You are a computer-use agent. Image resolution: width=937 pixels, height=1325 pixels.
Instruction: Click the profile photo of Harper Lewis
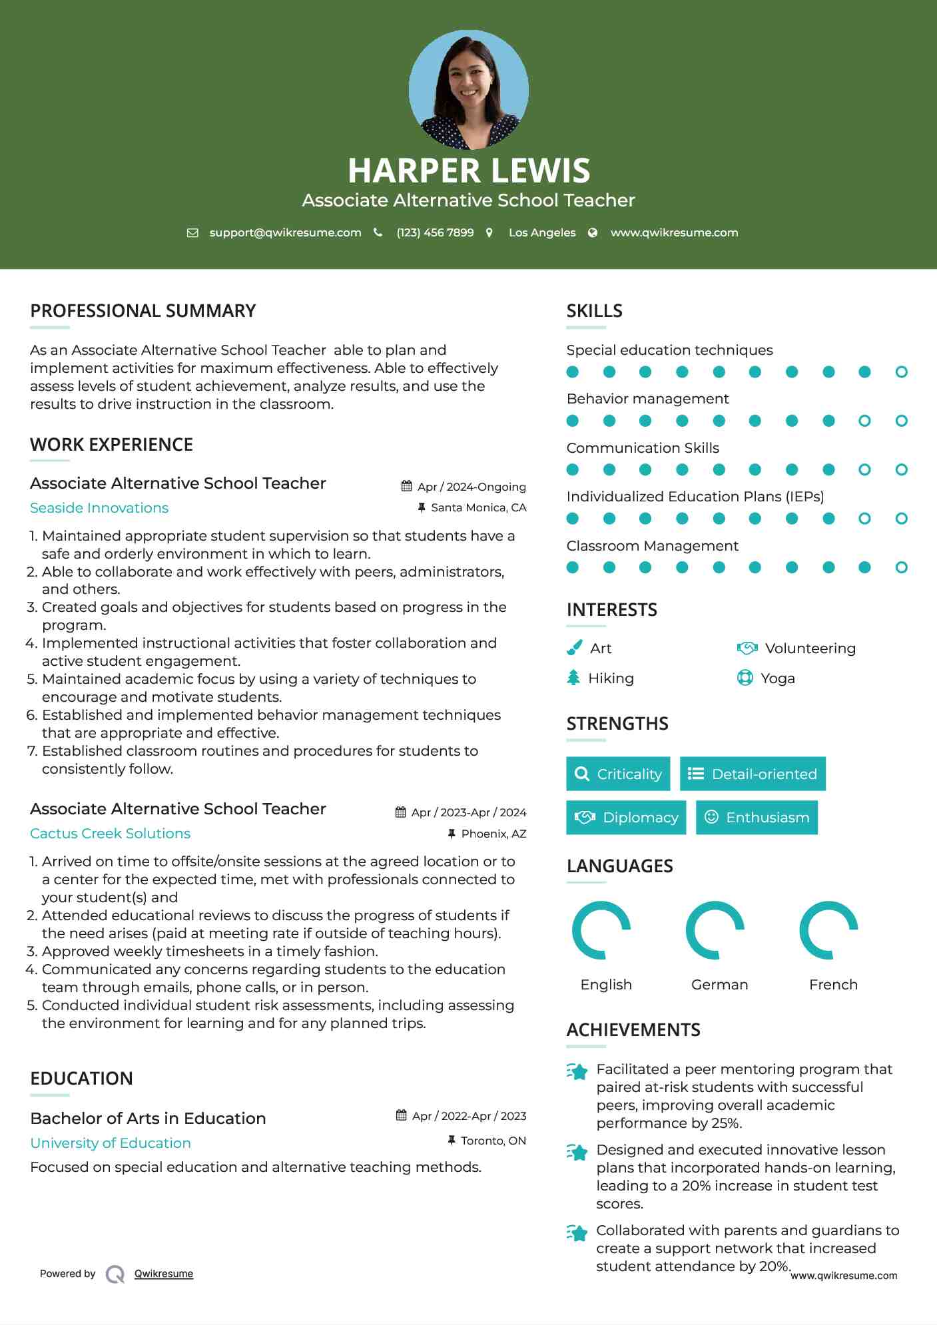click(468, 89)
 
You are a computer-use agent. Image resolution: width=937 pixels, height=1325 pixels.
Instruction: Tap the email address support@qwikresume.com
click(285, 232)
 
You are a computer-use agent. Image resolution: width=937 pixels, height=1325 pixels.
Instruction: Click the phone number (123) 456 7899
click(435, 232)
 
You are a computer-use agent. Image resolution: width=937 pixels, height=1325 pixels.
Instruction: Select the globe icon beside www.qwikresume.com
click(593, 232)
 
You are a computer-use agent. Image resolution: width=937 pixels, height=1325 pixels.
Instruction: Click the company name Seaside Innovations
click(99, 508)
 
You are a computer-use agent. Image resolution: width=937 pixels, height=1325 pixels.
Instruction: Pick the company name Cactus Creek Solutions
click(110, 834)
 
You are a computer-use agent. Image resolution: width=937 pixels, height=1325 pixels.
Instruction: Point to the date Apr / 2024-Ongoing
click(471, 487)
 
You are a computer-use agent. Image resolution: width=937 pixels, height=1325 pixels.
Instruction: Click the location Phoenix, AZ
click(493, 834)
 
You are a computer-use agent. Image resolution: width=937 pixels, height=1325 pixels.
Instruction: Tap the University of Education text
click(111, 1143)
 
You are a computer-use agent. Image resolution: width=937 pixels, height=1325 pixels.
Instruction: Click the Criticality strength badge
click(618, 774)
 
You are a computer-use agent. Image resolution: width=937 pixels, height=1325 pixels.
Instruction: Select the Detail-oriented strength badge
click(753, 774)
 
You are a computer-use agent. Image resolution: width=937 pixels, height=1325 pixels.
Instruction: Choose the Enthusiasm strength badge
click(757, 817)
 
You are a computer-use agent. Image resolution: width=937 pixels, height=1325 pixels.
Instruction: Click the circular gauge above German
click(715, 930)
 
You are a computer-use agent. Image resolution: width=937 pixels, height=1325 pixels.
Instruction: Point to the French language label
click(833, 985)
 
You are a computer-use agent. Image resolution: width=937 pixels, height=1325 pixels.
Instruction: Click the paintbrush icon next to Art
click(574, 648)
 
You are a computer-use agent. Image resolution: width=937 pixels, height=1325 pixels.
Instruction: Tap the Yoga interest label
click(778, 678)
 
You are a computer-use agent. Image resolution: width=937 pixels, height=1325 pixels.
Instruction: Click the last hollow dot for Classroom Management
click(901, 567)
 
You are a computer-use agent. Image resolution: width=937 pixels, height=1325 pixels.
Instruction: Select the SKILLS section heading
click(594, 311)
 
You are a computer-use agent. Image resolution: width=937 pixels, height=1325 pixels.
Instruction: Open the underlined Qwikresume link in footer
click(164, 1274)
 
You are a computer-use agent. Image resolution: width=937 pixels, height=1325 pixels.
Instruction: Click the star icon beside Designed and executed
click(577, 1152)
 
